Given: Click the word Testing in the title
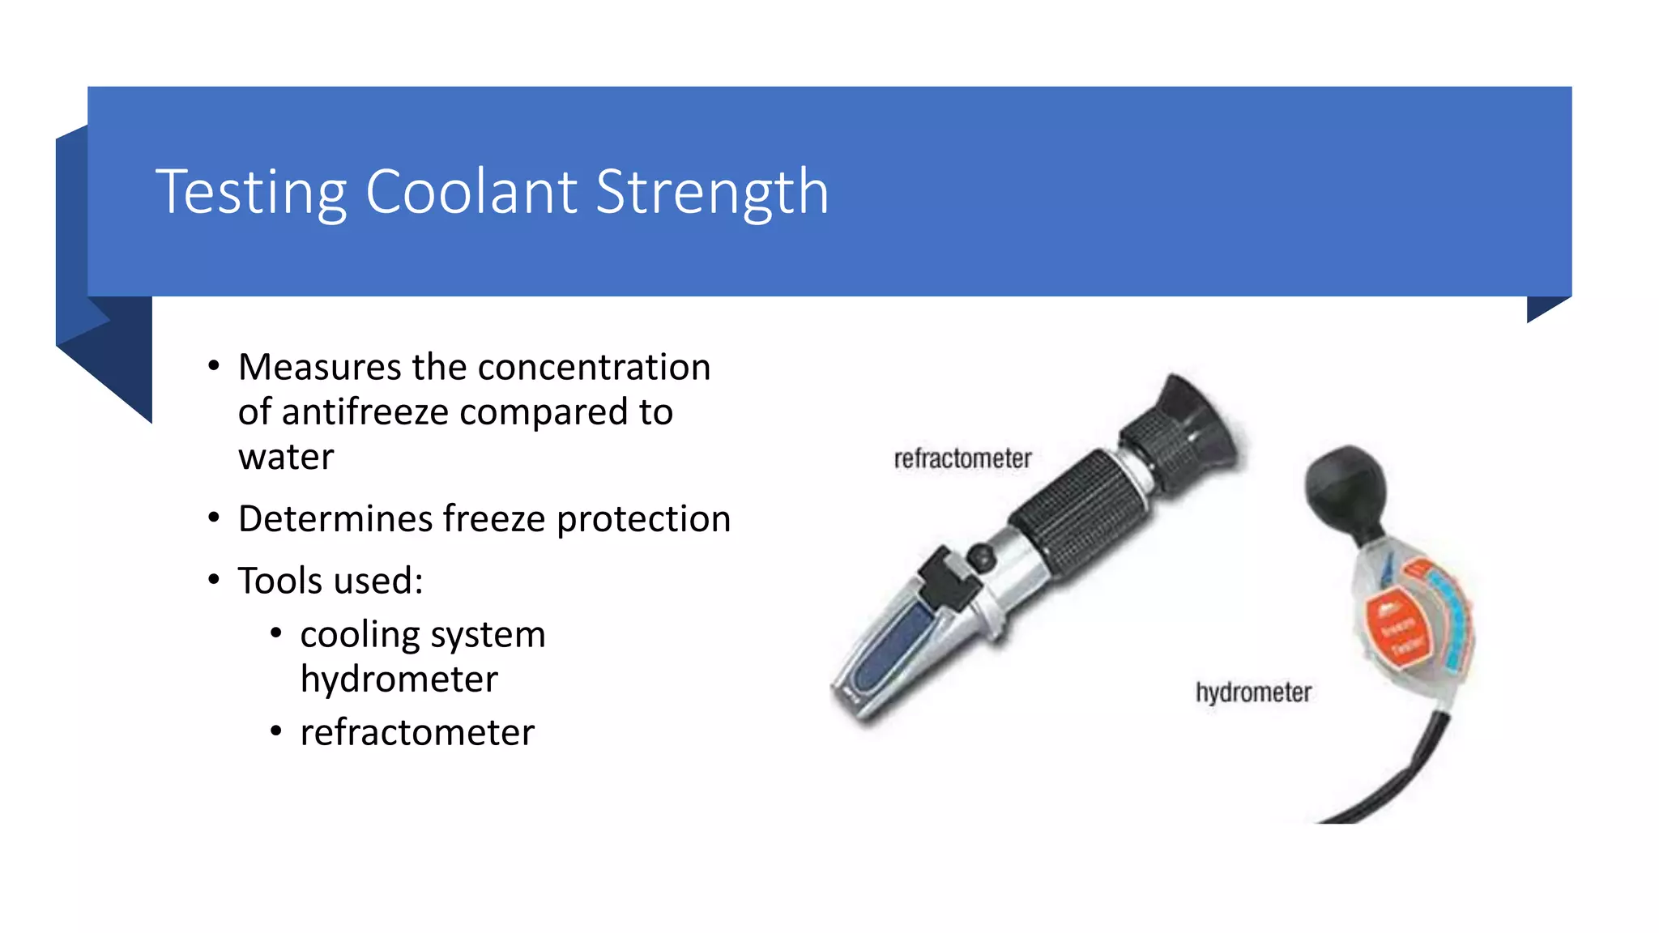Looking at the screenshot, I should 251,193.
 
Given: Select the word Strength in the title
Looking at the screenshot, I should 712,193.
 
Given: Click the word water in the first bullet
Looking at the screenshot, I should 286,458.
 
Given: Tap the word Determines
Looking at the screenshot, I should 335,519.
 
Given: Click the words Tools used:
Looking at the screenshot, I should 331,581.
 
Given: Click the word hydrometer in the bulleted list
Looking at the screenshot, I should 399,680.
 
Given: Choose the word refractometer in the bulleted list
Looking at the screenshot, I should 417,733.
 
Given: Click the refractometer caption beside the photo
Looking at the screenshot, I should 962,459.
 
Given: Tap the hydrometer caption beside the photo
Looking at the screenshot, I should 1253,693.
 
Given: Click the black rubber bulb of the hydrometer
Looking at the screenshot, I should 1345,486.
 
